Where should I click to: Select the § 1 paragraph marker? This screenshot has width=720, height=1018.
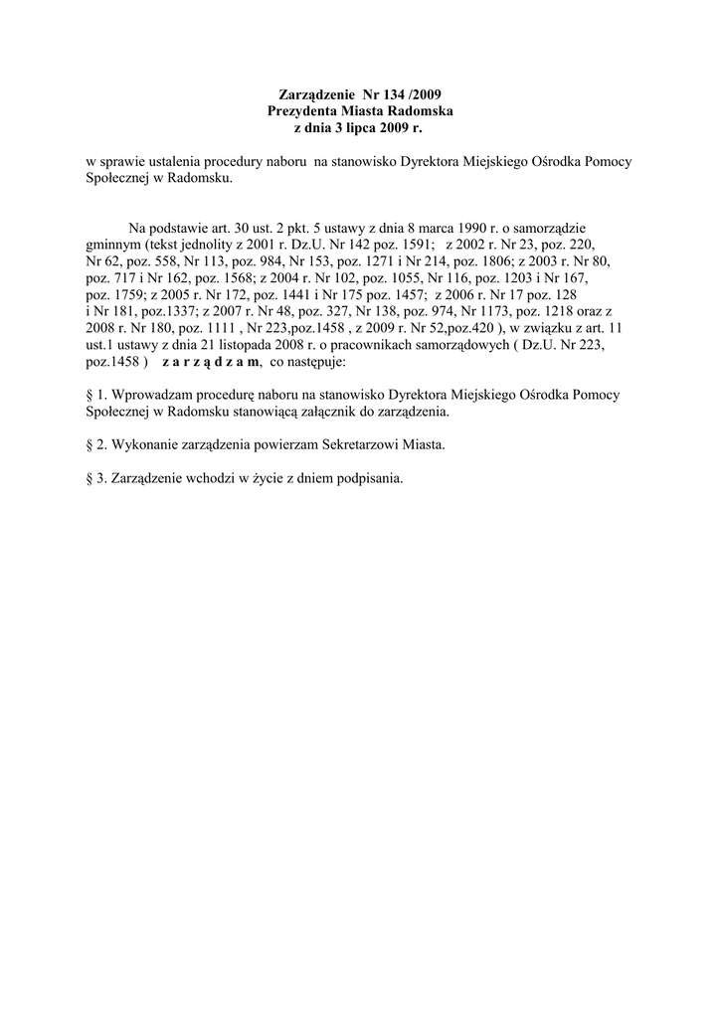tap(95, 395)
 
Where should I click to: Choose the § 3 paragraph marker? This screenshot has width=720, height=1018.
tap(96, 478)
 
